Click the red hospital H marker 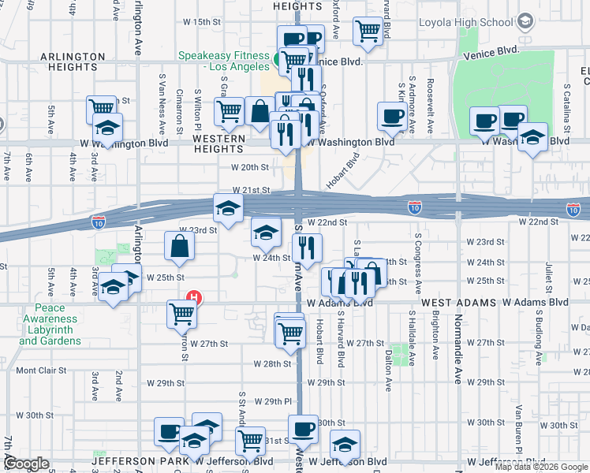pos(192,299)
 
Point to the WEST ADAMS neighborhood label pos(458,303)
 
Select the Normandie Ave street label pos(457,347)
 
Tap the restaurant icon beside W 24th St pos(307,248)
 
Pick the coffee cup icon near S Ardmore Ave pos(392,117)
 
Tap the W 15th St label pos(202,22)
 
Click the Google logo pos(26,464)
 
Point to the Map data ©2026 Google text pos(540,467)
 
